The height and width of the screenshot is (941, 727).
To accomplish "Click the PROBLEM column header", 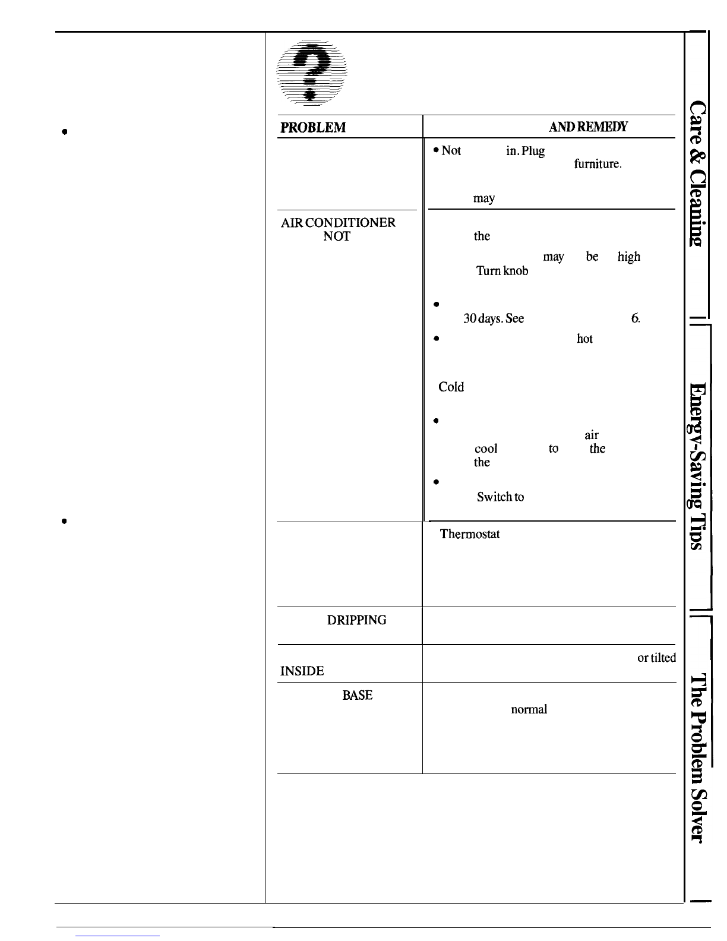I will (x=312, y=128).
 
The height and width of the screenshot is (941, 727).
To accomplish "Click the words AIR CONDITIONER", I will (x=338, y=223).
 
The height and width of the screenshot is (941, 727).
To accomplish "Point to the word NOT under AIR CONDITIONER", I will (x=337, y=236).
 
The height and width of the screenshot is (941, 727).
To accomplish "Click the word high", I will (x=628, y=257).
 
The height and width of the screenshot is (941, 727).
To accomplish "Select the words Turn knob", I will (x=502, y=271).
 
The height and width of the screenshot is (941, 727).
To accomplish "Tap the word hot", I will (x=584, y=339).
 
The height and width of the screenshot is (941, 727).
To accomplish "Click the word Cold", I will (x=451, y=387).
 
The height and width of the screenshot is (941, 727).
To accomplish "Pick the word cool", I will (x=486, y=449).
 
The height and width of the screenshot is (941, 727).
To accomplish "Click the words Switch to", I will (x=500, y=497).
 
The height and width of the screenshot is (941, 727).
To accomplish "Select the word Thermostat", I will (x=469, y=534).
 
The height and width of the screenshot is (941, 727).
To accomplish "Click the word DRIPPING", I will (x=356, y=620).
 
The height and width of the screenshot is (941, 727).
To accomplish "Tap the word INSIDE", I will (x=302, y=671).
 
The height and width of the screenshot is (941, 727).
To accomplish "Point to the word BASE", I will (x=358, y=695).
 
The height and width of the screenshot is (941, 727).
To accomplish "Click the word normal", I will (x=529, y=709).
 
